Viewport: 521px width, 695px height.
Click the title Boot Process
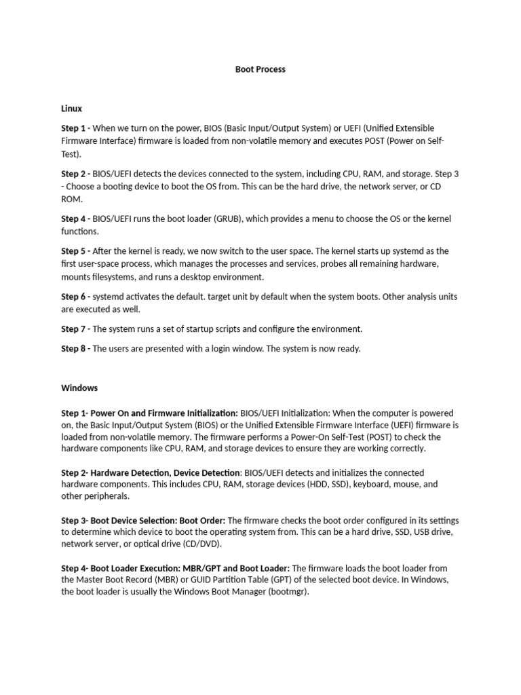(260, 69)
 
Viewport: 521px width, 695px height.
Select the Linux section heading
(71, 108)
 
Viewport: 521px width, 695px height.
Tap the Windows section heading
(79, 388)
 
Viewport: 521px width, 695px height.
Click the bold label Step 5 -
(75, 251)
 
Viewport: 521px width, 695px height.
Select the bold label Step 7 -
(75, 329)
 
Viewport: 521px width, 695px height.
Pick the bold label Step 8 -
(75, 349)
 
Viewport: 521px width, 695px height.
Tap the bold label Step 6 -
(75, 297)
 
